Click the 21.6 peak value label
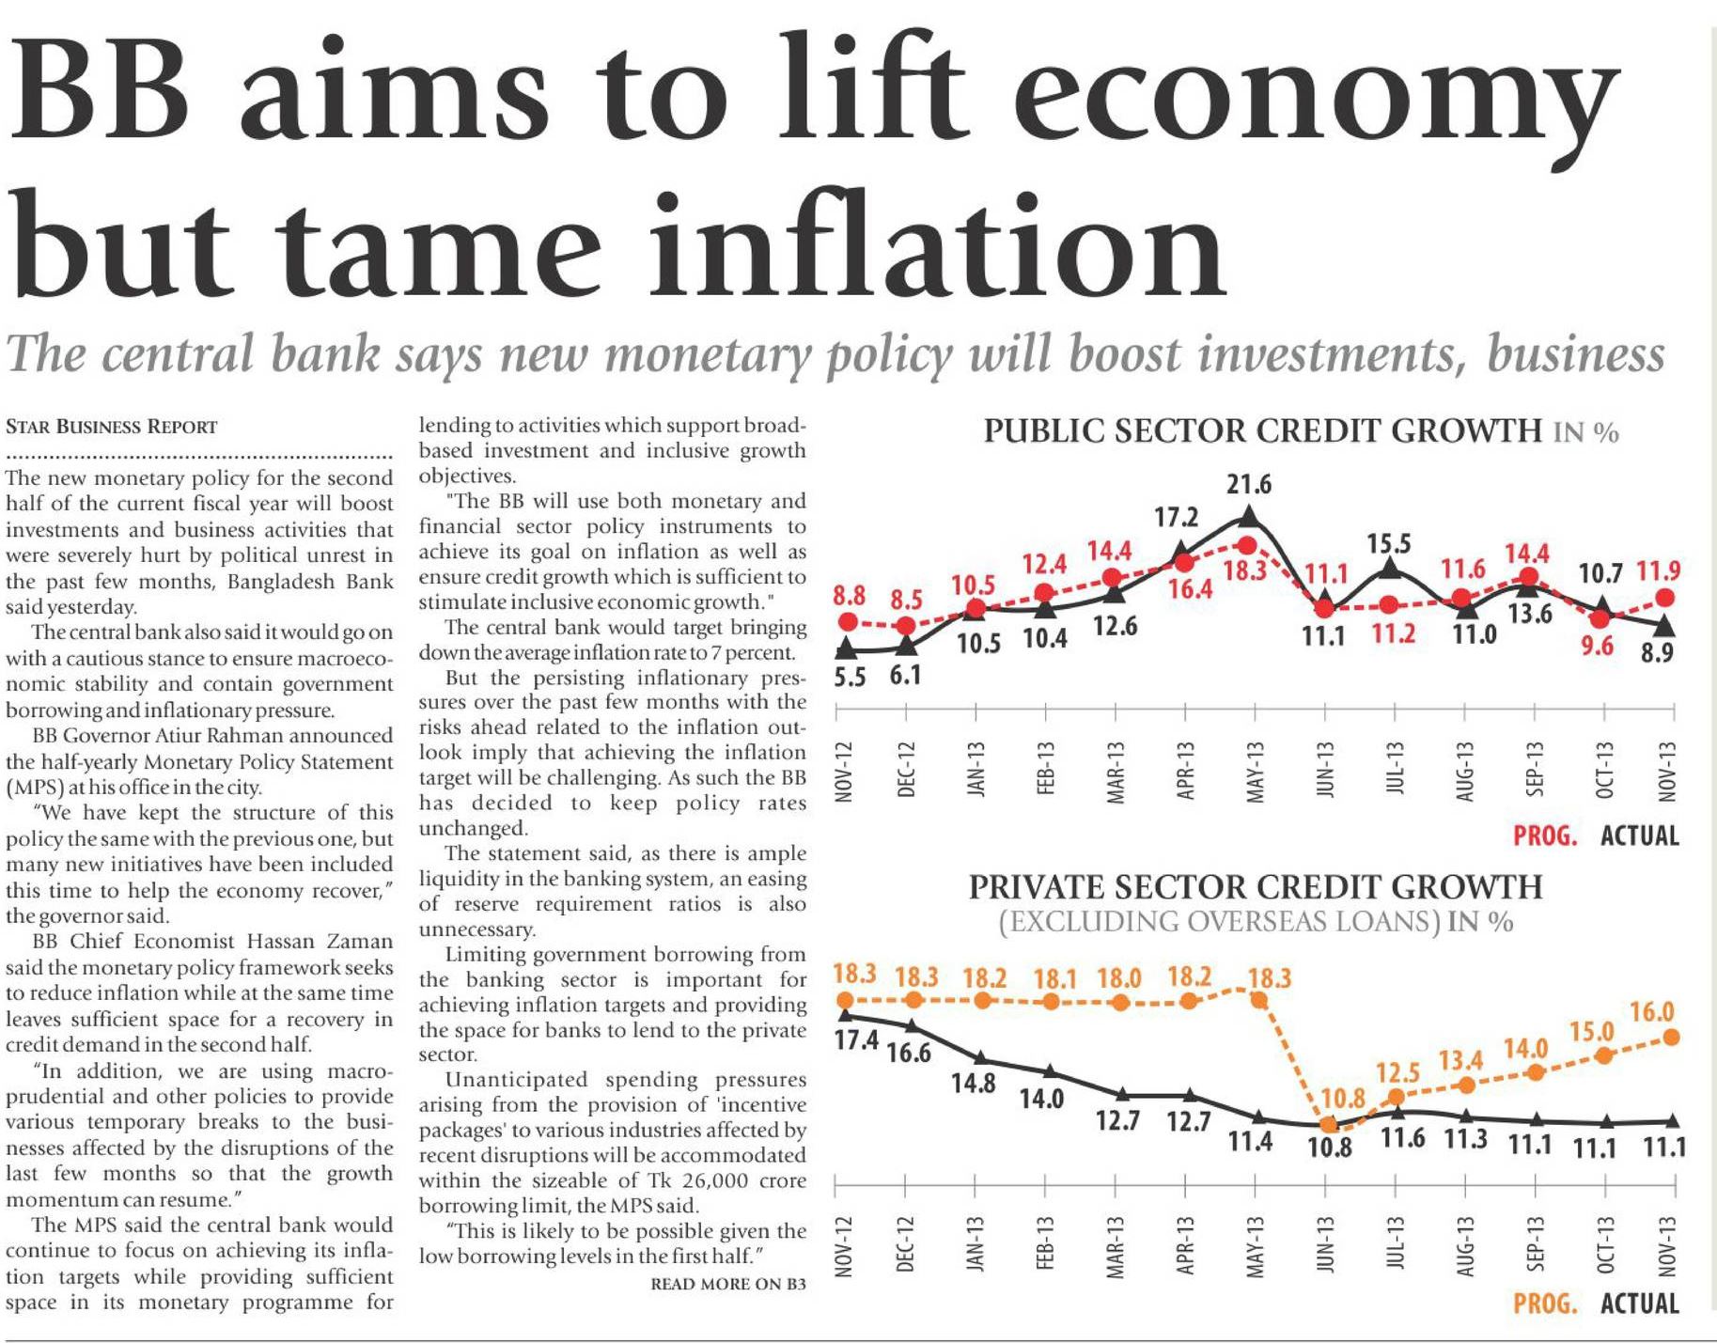click(1248, 485)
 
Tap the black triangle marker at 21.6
click(1249, 516)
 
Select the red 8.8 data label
click(849, 596)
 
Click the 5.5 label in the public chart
click(849, 677)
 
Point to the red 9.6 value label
click(1597, 646)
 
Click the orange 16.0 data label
click(1651, 1012)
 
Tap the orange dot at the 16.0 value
click(1671, 1037)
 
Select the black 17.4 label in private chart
click(856, 1040)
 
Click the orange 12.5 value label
click(1397, 1072)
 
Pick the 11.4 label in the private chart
click(1250, 1142)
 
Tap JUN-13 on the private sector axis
click(1325, 1244)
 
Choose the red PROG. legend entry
click(1544, 835)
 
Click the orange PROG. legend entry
click(1544, 1304)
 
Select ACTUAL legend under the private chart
click(1639, 1304)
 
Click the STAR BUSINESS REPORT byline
click(111, 427)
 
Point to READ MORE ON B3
click(728, 1284)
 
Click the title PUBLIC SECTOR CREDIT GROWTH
click(1262, 431)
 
